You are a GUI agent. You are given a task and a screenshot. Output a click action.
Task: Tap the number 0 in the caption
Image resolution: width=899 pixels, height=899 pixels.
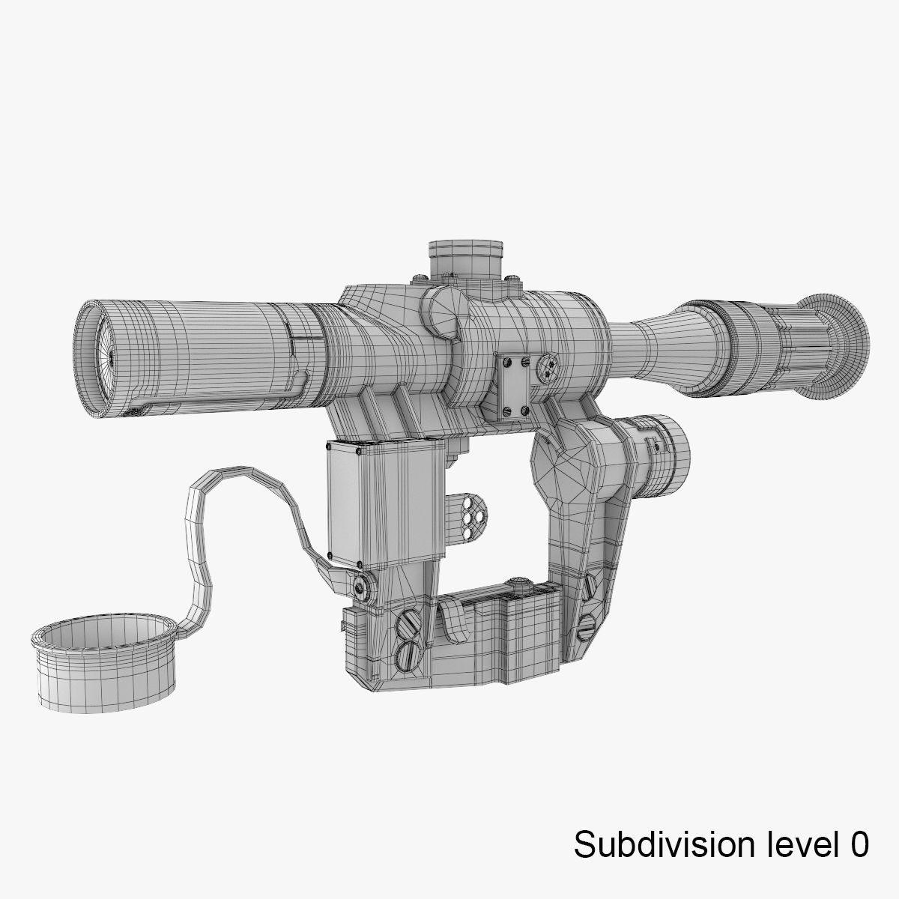pos(859,844)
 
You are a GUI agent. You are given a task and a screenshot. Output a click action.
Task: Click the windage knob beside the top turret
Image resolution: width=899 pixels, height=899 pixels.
pos(442,313)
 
